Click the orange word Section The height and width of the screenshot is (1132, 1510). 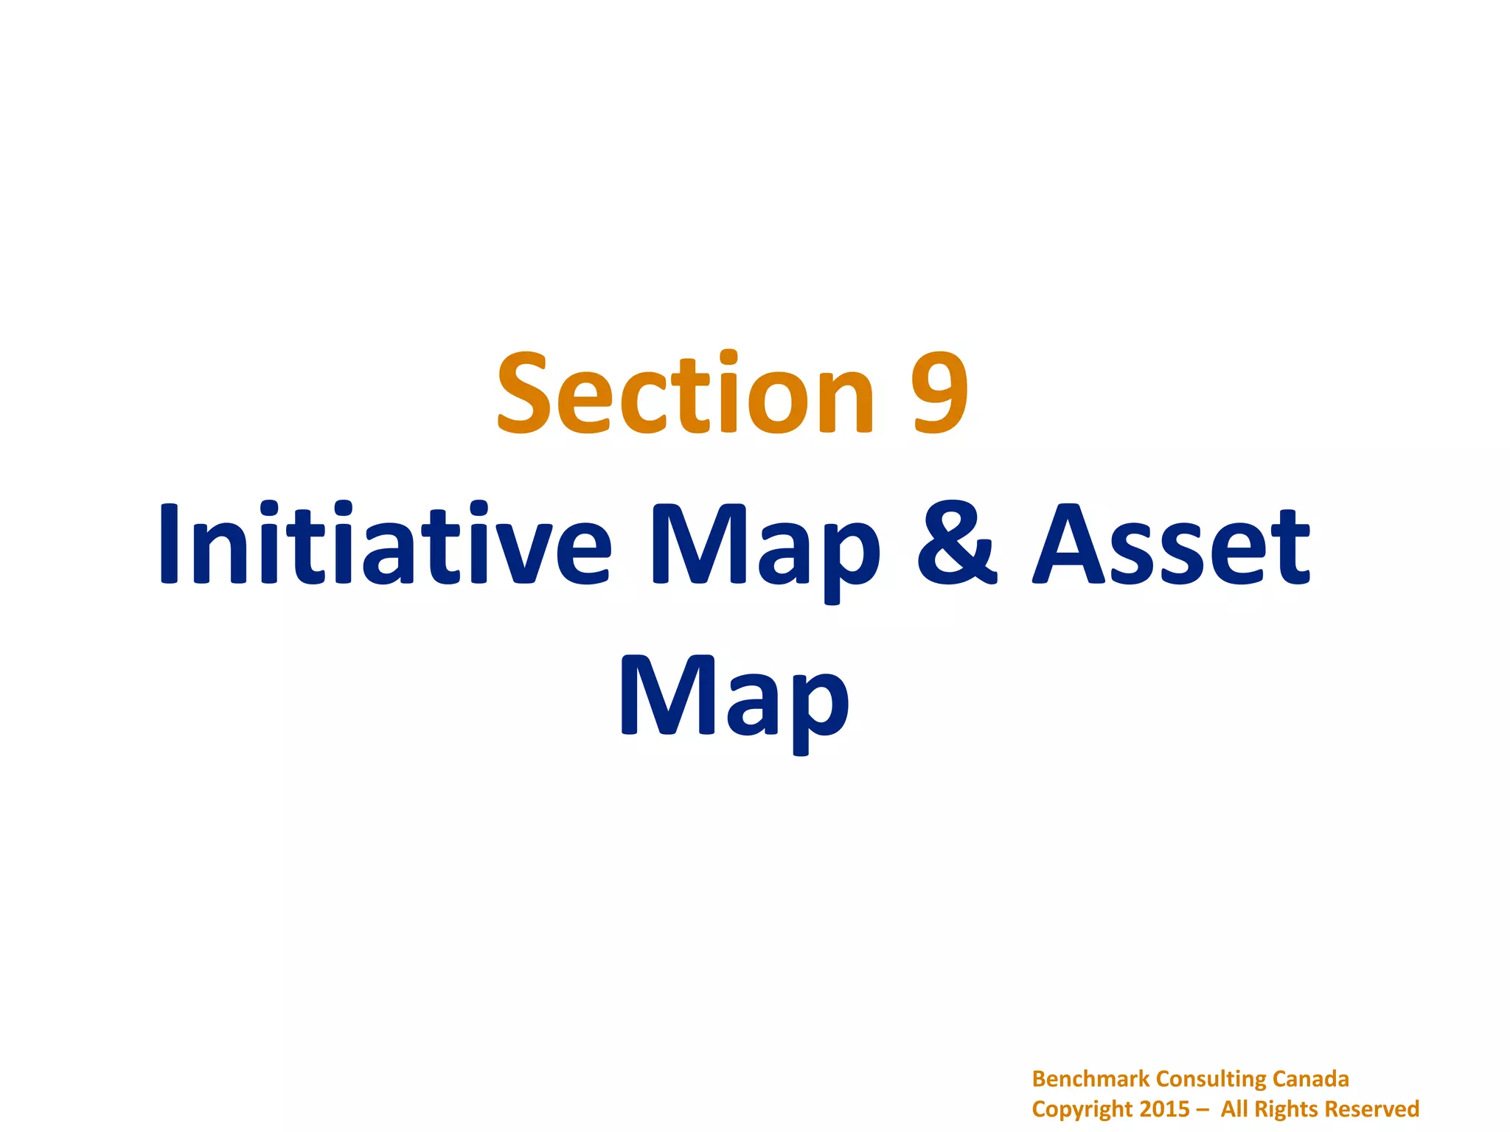(x=686, y=394)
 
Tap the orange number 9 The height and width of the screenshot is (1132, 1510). (x=939, y=394)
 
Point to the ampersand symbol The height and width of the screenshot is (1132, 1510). (x=956, y=544)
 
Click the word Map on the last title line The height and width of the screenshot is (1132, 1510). (x=734, y=699)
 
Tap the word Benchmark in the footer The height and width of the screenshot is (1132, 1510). (x=1090, y=1079)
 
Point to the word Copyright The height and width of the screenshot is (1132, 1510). (x=1082, y=1110)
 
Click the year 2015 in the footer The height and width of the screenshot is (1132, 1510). (x=1164, y=1109)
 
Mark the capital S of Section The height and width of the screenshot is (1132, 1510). (x=522, y=394)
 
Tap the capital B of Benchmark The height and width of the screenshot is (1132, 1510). (x=1039, y=1079)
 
